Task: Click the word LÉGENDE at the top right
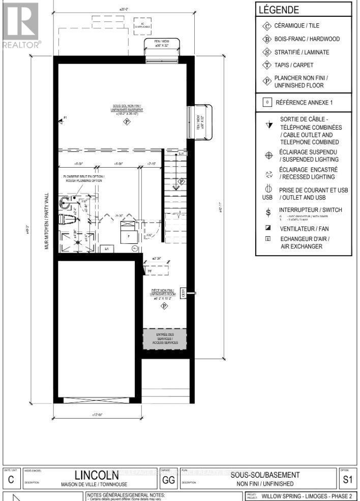pyautogui.click(x=279, y=10)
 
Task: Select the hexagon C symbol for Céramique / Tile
pyautogui.click(x=267, y=26)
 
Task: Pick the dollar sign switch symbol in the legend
pyautogui.click(x=268, y=212)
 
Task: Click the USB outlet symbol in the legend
pyautogui.click(x=267, y=194)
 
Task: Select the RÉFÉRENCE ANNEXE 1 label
pyautogui.click(x=304, y=102)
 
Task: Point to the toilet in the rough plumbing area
pyautogui.click(x=66, y=220)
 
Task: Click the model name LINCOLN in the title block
pyautogui.click(x=97, y=476)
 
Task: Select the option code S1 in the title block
pyautogui.click(x=347, y=478)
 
